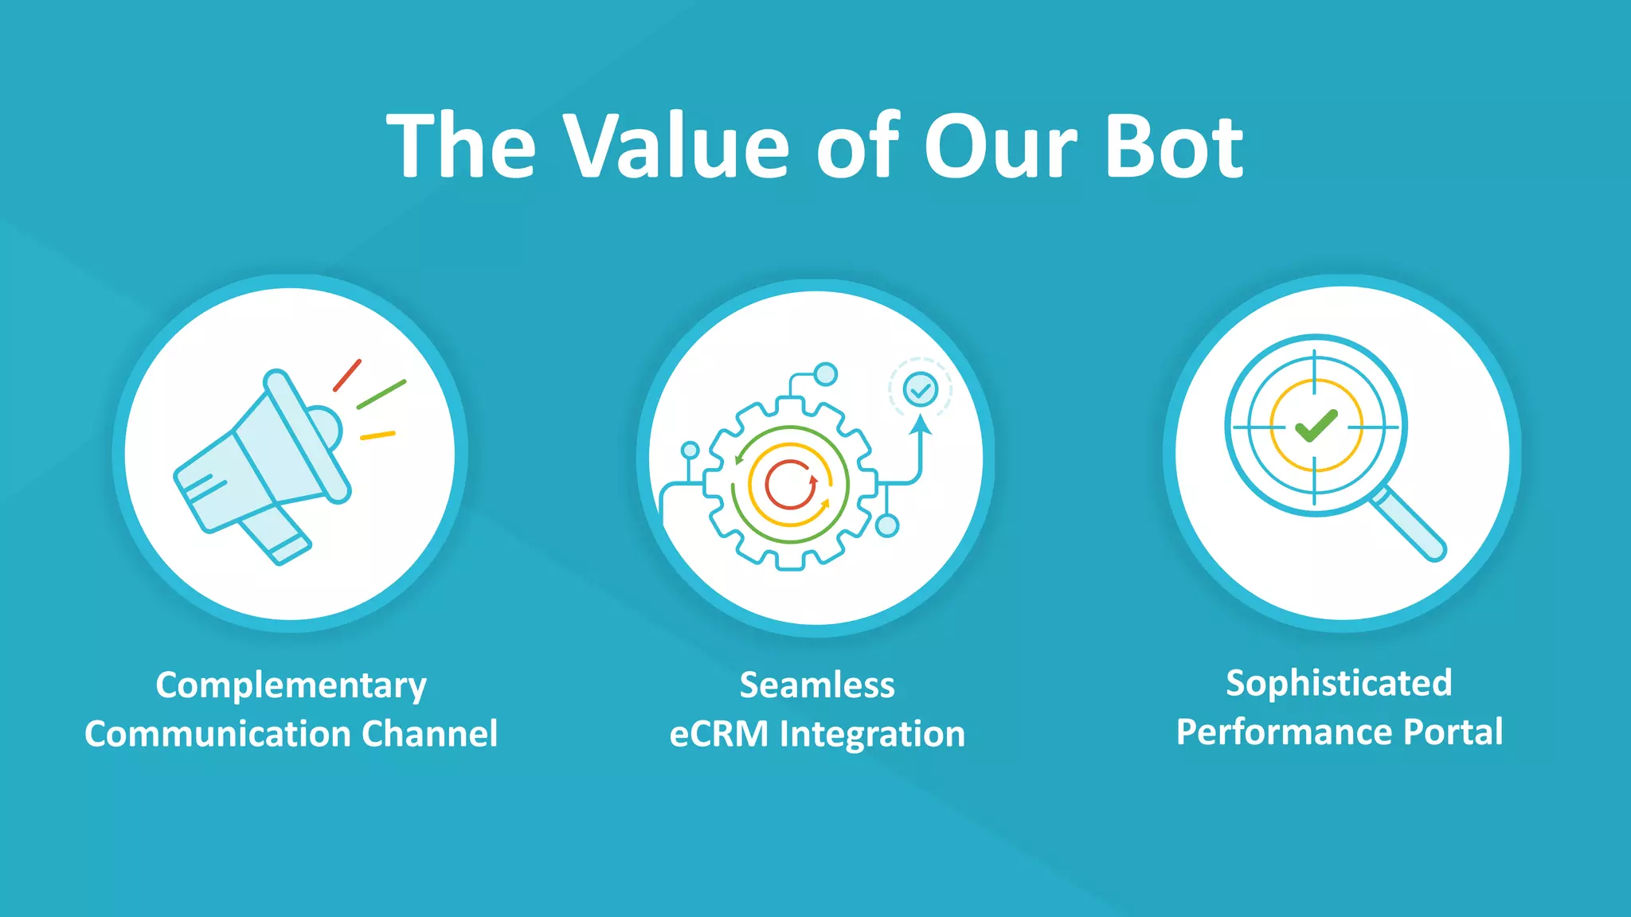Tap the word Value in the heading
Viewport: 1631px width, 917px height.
(676, 146)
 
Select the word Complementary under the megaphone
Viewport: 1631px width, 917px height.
(291, 686)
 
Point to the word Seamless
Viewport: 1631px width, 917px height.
(817, 685)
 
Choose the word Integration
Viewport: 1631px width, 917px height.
(872, 734)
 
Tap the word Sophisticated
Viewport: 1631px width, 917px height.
(1339, 684)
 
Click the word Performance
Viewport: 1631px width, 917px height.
(1284, 732)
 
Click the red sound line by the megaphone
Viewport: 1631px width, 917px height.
(347, 375)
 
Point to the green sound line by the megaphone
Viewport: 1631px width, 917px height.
(381, 394)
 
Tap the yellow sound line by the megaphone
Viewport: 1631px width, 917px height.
(377, 435)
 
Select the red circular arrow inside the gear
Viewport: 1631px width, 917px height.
(790, 484)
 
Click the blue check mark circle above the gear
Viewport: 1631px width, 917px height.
(921, 389)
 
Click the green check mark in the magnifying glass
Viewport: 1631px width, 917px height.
(1316, 426)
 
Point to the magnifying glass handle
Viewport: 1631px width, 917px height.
(1409, 525)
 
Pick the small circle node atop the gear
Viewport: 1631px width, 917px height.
(826, 373)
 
